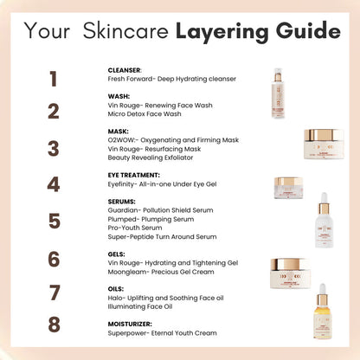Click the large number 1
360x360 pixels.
[x=54, y=80]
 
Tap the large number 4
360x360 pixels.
[x=54, y=184]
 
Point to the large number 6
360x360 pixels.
[x=54, y=260]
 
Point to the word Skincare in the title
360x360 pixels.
[x=129, y=32]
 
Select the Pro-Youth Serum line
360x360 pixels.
[x=137, y=227]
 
